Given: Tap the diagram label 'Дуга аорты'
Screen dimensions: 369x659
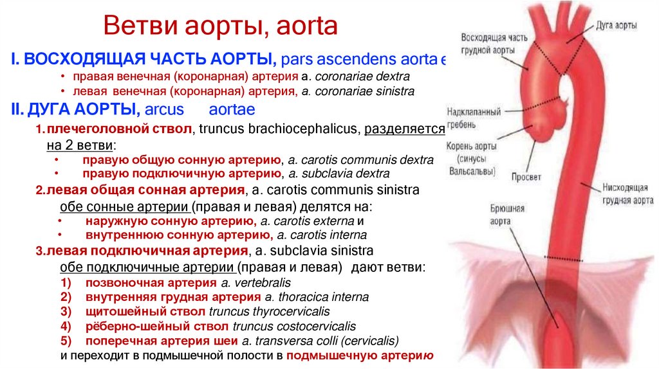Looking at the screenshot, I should [x=617, y=26].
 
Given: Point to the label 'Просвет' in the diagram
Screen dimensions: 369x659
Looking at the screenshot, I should [x=526, y=177].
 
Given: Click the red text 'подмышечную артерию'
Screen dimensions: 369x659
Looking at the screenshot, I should [x=360, y=355].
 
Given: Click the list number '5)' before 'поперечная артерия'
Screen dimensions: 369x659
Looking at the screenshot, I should [x=66, y=340].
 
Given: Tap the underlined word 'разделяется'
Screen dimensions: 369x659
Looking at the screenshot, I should [x=404, y=129].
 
